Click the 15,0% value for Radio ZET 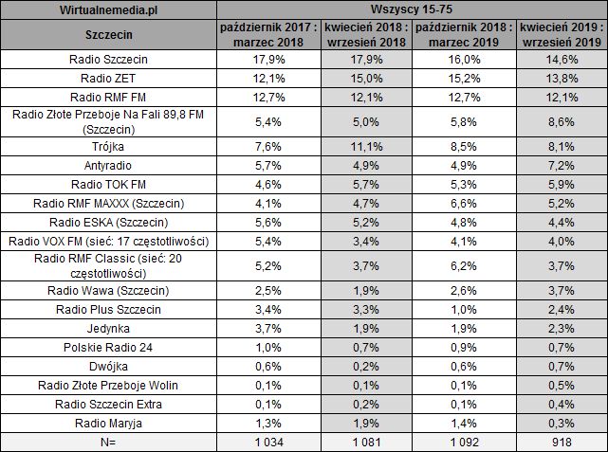click(x=364, y=78)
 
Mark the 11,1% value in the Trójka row click(x=364, y=147)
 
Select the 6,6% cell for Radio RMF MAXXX click(x=464, y=202)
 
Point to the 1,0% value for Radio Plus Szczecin click(x=464, y=311)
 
